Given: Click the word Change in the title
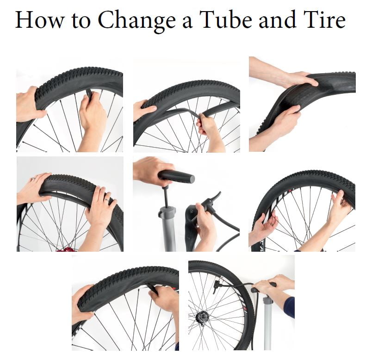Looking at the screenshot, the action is [x=137, y=21].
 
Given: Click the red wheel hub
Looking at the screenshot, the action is [x=66, y=249].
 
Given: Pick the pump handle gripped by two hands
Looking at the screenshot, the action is [x=263, y=287].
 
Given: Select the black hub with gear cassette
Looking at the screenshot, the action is [x=203, y=317].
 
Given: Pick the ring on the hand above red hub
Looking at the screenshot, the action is [x=106, y=200].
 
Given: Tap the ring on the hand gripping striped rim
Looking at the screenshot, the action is [x=272, y=223].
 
